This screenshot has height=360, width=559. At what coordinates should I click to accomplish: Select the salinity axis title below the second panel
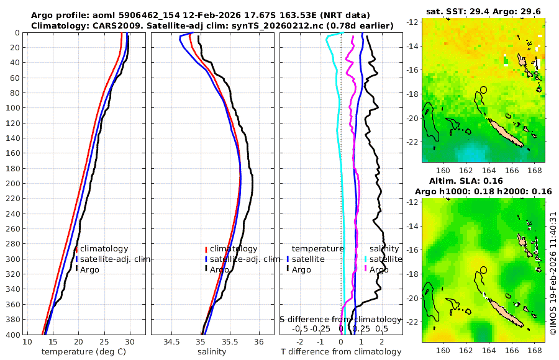click(x=211, y=352)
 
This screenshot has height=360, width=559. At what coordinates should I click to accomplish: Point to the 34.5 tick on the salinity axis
click(x=171, y=342)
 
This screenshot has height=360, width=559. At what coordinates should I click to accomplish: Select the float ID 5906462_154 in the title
click(x=148, y=15)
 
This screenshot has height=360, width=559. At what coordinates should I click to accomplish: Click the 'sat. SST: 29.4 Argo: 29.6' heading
click(x=483, y=11)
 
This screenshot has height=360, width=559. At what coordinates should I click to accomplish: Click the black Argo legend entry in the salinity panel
click(x=219, y=270)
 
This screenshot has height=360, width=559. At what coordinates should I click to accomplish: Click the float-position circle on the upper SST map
click(x=484, y=89)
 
